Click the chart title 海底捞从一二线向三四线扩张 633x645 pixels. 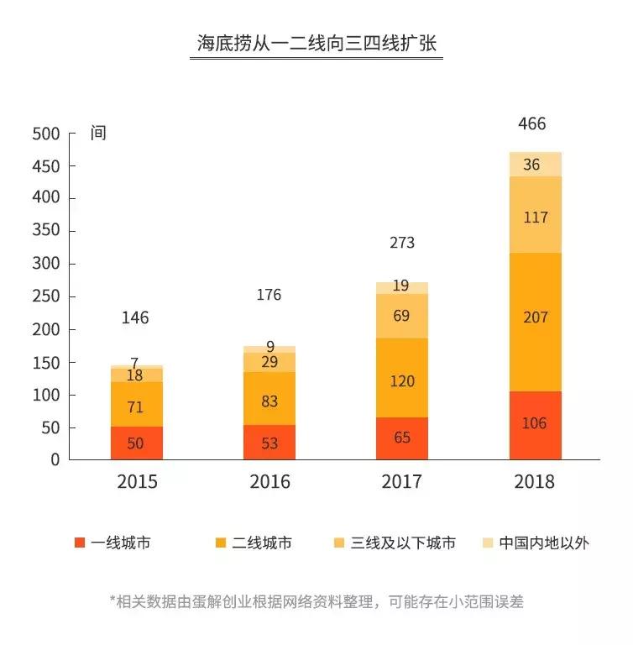pyautogui.click(x=316, y=44)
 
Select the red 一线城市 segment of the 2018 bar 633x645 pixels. pyautogui.click(x=535, y=424)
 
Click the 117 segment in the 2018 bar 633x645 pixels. pyautogui.click(x=535, y=217)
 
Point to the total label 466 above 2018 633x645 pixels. pyautogui.click(x=532, y=124)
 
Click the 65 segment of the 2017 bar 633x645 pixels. pyautogui.click(x=402, y=438)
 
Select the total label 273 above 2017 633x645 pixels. pyautogui.click(x=402, y=244)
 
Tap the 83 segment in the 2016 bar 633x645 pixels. pyautogui.click(x=269, y=401)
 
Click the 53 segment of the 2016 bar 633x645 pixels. pyautogui.click(x=269, y=443)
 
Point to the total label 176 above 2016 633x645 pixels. pyautogui.click(x=269, y=295)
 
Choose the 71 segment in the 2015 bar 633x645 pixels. pyautogui.click(x=136, y=407)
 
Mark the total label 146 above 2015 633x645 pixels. pyautogui.click(x=135, y=318)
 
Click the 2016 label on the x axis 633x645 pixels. pyautogui.click(x=269, y=482)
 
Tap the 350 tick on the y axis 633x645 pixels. pyautogui.click(x=46, y=231)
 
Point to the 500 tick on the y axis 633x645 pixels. pyautogui.click(x=46, y=134)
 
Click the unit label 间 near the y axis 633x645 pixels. pyautogui.click(x=99, y=134)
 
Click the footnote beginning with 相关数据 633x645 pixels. pyautogui.click(x=316, y=601)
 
